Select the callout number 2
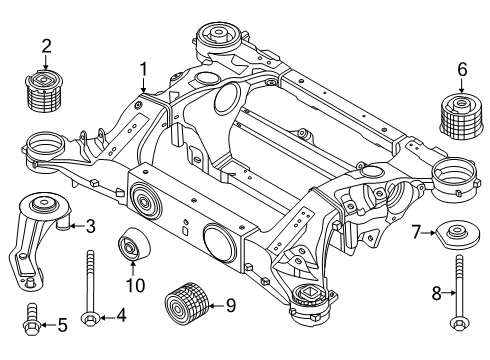pyautogui.click(x=46, y=44)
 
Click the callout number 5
pyautogui.click(x=62, y=324)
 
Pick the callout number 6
pyautogui.click(x=461, y=69)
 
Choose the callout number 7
pyautogui.click(x=414, y=233)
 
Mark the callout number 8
pyautogui.click(x=435, y=293)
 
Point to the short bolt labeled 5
pyautogui.click(x=31, y=323)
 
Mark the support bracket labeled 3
pyautogui.click(x=35, y=240)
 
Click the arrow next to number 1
pyautogui.click(x=145, y=88)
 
